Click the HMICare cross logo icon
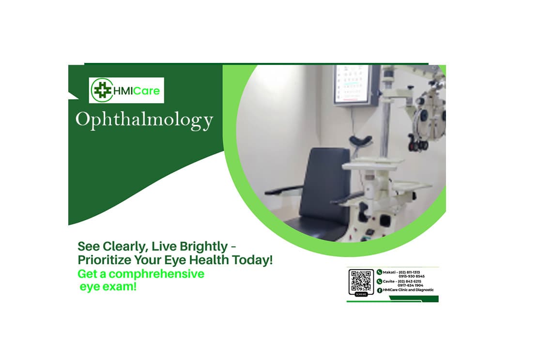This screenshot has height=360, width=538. [x=101, y=90]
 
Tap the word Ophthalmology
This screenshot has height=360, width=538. [x=144, y=120]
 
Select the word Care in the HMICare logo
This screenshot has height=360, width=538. [x=146, y=90]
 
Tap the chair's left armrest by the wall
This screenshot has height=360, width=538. [x=283, y=190]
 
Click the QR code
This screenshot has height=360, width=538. [x=361, y=281]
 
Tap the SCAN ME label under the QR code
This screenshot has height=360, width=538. [x=361, y=294]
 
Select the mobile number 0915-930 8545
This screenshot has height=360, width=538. [x=412, y=276]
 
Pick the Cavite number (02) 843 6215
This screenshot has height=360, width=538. [x=410, y=281]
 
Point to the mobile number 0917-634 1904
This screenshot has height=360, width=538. [x=410, y=285]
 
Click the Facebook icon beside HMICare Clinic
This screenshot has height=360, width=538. [x=380, y=290]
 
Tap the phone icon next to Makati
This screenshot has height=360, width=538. [x=380, y=272]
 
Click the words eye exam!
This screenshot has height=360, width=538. [x=108, y=286]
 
